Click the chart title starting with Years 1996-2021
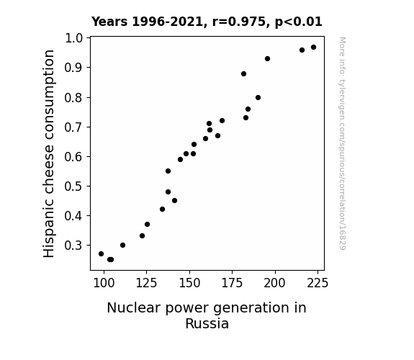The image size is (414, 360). click(x=207, y=22)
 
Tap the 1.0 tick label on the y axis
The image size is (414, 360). click(x=73, y=38)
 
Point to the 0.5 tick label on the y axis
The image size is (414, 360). click(x=73, y=186)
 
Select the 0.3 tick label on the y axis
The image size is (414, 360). click(x=73, y=246)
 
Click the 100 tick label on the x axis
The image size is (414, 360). click(x=104, y=283)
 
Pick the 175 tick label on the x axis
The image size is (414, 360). click(x=232, y=283)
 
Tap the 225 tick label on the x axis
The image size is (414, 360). click(x=318, y=283)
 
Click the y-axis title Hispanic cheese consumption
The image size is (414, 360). click(x=49, y=153)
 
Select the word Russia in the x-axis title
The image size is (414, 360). click(x=207, y=324)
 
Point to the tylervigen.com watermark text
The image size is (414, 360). click(x=342, y=143)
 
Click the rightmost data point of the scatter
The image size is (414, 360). click(x=313, y=48)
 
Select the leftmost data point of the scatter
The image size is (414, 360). click(x=101, y=254)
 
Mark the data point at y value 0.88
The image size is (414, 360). click(x=243, y=74)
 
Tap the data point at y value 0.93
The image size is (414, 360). click(x=267, y=58)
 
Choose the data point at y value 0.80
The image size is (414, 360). click(x=258, y=98)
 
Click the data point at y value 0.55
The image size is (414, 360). click(x=168, y=171)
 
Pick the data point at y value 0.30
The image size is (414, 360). click(x=123, y=246)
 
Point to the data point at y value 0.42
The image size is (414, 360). click(x=163, y=210)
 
